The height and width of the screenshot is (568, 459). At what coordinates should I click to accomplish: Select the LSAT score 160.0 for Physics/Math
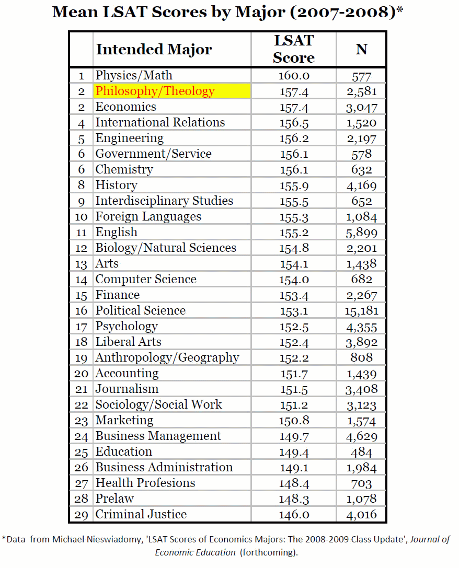pyautogui.click(x=294, y=75)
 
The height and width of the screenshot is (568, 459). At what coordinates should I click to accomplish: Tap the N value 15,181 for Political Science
pyautogui.click(x=362, y=310)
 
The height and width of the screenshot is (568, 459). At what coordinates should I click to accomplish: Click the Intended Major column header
pyautogui.click(x=154, y=50)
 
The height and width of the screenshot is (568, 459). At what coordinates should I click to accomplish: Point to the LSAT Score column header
pyautogui.click(x=294, y=49)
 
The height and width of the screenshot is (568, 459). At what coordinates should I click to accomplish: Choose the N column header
pyautogui.click(x=361, y=50)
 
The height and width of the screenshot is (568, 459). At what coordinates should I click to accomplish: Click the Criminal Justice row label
pyautogui.click(x=141, y=514)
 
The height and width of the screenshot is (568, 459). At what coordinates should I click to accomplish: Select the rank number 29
pyautogui.click(x=81, y=515)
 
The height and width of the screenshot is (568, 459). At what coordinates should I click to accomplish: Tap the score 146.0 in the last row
pyautogui.click(x=294, y=515)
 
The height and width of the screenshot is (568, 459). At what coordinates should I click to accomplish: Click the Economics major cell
pyautogui.click(x=125, y=107)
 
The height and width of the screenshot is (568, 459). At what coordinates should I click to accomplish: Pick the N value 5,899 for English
pyautogui.click(x=362, y=233)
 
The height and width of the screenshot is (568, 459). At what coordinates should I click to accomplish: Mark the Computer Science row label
pyautogui.click(x=146, y=279)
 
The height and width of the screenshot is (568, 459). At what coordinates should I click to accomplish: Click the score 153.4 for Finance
pyautogui.click(x=294, y=295)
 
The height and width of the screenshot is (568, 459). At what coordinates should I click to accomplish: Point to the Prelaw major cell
pyautogui.click(x=114, y=499)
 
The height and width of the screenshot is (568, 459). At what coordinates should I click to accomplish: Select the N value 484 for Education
pyautogui.click(x=362, y=452)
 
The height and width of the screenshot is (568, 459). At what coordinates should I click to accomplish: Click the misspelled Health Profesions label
pyautogui.click(x=145, y=483)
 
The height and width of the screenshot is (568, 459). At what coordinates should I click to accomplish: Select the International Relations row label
pyautogui.click(x=160, y=122)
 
